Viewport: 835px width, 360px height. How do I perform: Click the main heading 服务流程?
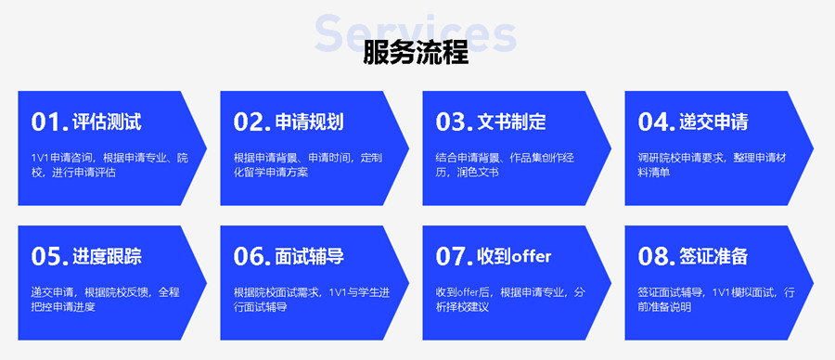click(417, 54)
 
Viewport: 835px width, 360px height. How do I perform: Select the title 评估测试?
click(108, 122)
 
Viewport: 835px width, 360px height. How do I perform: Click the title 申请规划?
click(310, 122)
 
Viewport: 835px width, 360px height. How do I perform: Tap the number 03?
click(455, 122)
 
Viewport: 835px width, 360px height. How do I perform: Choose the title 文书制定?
click(512, 122)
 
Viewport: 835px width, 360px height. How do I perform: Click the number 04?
click(657, 122)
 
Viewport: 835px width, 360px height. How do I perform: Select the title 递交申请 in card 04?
click(714, 122)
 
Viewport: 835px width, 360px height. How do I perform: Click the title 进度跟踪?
click(108, 256)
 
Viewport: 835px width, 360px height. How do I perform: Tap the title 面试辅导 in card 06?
click(310, 256)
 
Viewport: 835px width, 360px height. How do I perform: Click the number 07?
click(455, 256)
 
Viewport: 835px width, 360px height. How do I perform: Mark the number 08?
click(657, 256)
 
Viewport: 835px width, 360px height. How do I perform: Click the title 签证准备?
click(714, 256)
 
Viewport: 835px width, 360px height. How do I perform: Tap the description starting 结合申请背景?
click(505, 164)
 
